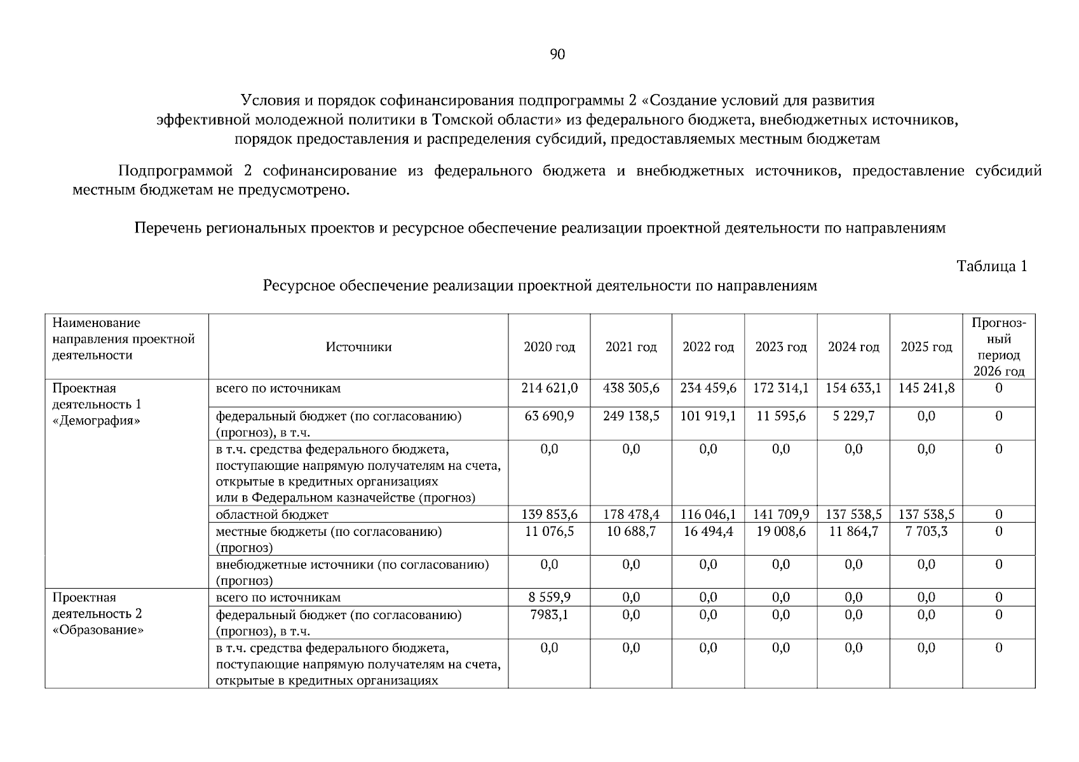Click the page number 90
click(557, 55)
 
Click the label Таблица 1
click(992, 266)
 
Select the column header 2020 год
click(549, 347)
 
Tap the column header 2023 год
click(781, 347)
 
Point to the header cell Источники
click(358, 347)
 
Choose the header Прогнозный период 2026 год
click(999, 347)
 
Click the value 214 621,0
click(549, 388)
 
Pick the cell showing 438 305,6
click(631, 388)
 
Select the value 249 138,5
click(631, 416)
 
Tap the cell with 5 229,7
click(853, 416)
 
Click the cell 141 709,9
click(781, 514)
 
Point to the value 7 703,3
click(926, 531)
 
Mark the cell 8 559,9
click(549, 598)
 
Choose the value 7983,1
click(549, 615)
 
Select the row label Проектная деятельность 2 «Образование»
click(97, 613)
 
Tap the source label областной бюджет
click(272, 514)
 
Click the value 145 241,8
click(926, 388)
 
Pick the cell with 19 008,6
click(781, 531)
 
